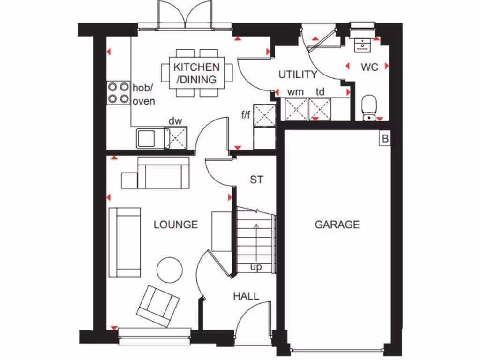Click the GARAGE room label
337,225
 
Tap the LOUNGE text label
176,225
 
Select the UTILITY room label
298,75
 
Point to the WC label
369,67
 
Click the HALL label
246,296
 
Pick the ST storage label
256,179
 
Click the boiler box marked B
385,139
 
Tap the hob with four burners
119,92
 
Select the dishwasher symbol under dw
177,138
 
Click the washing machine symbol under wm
296,109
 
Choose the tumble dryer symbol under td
320,109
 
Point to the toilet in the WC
370,107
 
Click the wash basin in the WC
362,44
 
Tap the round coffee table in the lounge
169,270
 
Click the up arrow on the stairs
256,244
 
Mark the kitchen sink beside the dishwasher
146,139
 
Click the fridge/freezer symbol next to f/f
264,115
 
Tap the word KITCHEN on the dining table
196,67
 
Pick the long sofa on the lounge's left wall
125,242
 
